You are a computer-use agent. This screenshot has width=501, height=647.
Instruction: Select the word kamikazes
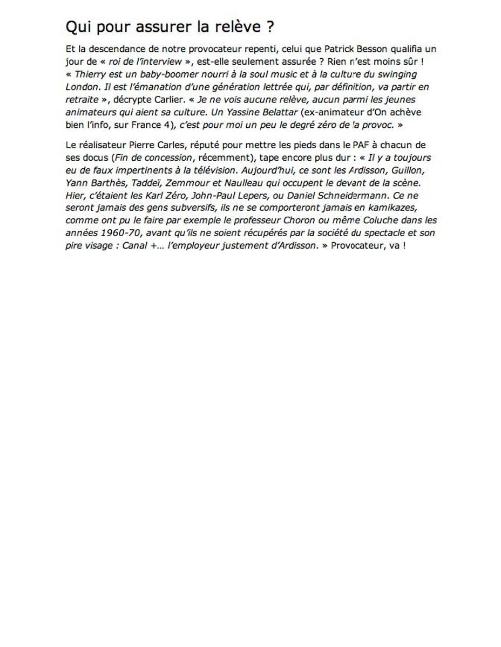click(x=387, y=208)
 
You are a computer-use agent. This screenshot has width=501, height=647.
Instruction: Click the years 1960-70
click(x=120, y=233)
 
